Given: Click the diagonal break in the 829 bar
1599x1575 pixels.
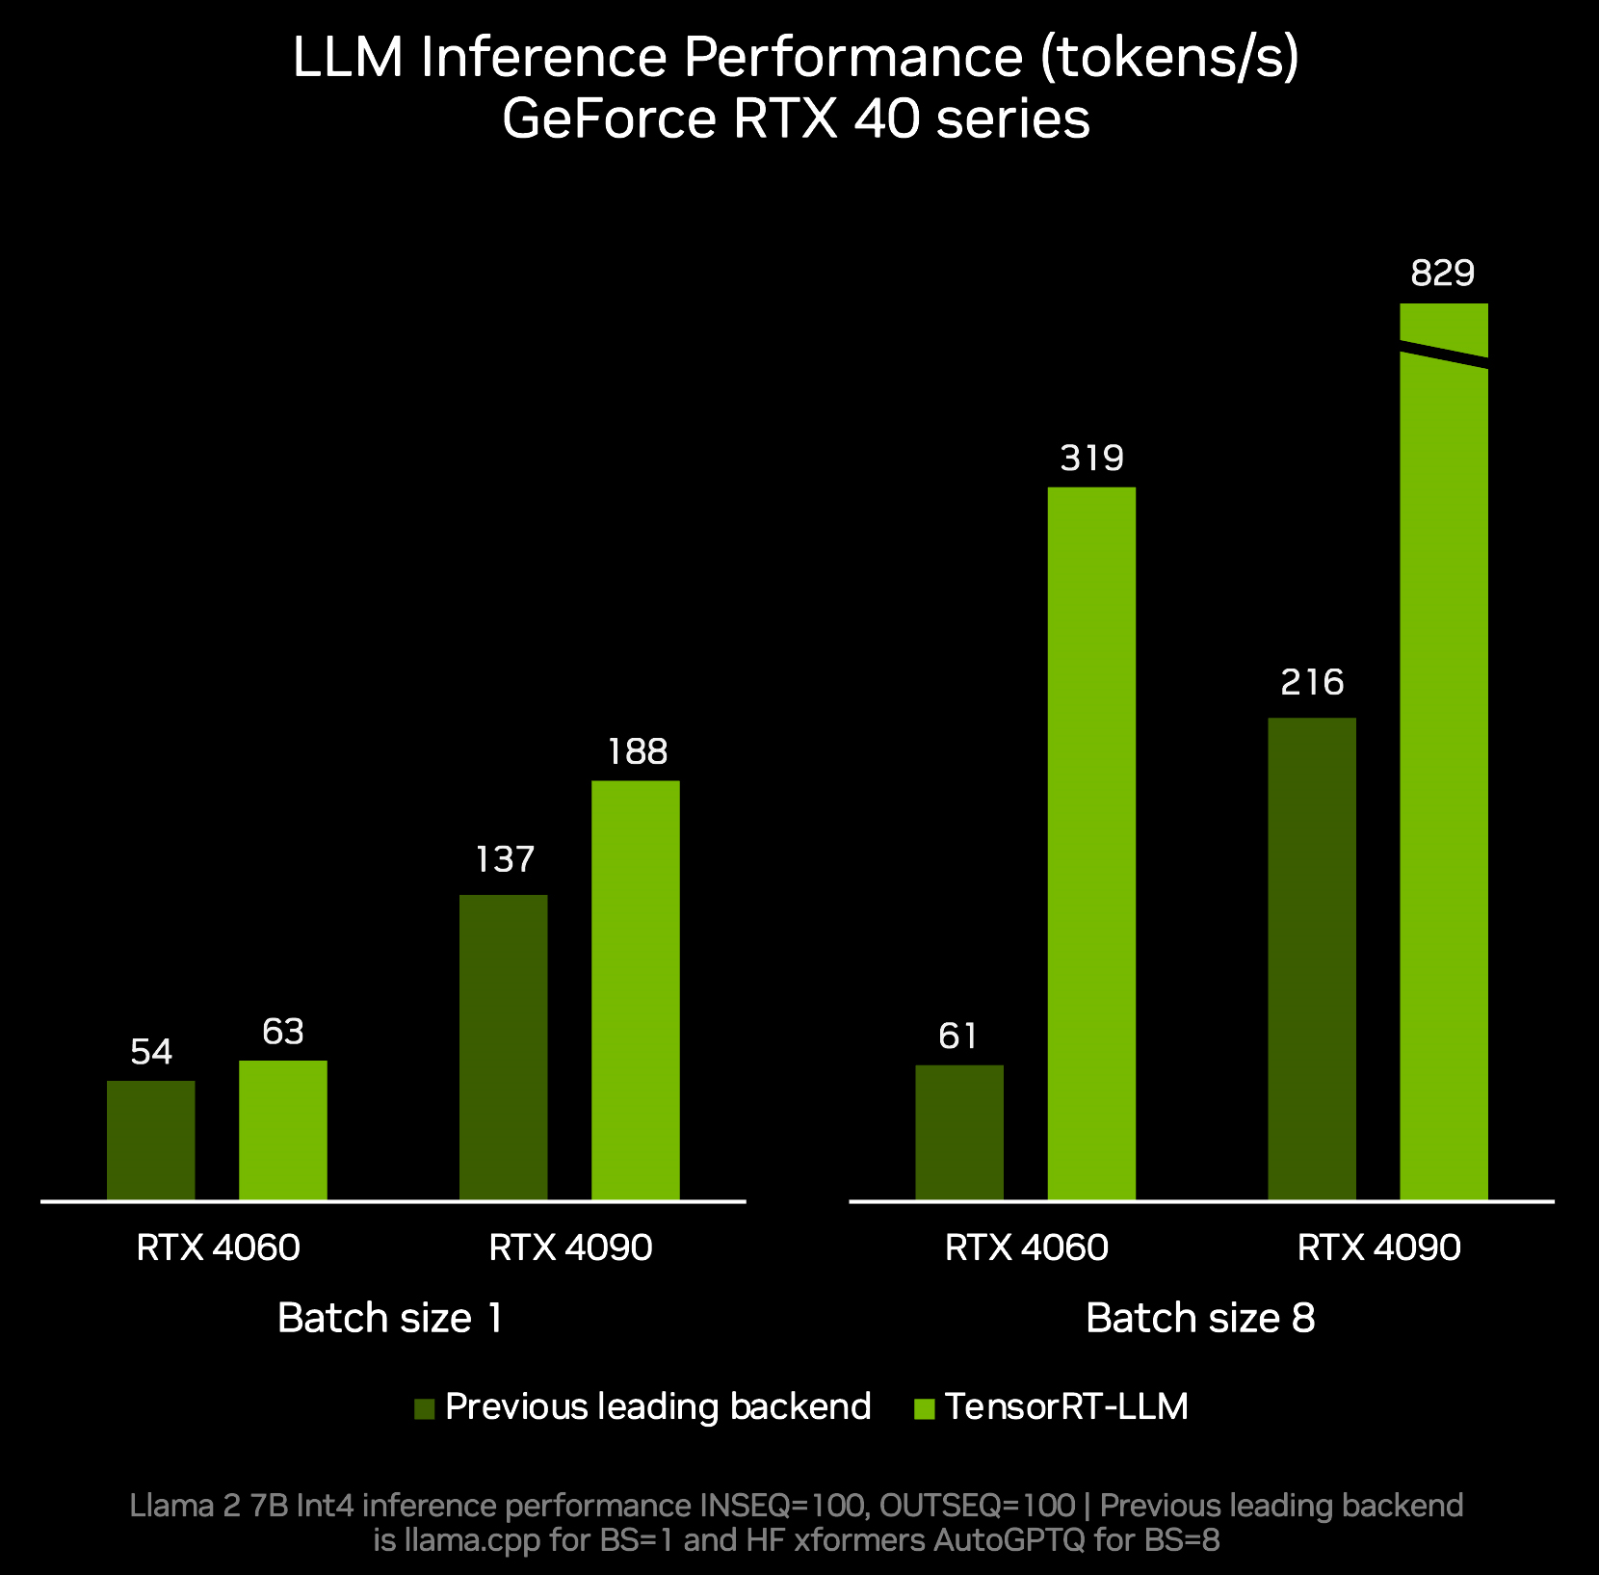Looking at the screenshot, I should click(x=1444, y=354).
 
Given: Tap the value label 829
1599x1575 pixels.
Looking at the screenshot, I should click(x=1443, y=275).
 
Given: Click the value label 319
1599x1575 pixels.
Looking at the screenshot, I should click(x=1091, y=459).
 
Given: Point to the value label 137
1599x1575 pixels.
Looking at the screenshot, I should click(x=504, y=859).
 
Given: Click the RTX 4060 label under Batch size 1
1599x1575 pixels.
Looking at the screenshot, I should click(x=219, y=1248).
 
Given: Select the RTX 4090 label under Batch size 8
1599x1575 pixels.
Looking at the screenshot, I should click(x=1378, y=1248).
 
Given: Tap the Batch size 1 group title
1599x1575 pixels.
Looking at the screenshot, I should click(x=390, y=1318).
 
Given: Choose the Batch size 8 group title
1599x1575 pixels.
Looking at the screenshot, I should click(x=1200, y=1318).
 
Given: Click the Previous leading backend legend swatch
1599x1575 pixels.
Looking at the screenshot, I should click(x=425, y=1409).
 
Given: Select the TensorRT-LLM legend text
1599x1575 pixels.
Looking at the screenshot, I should click(x=1066, y=1407).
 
